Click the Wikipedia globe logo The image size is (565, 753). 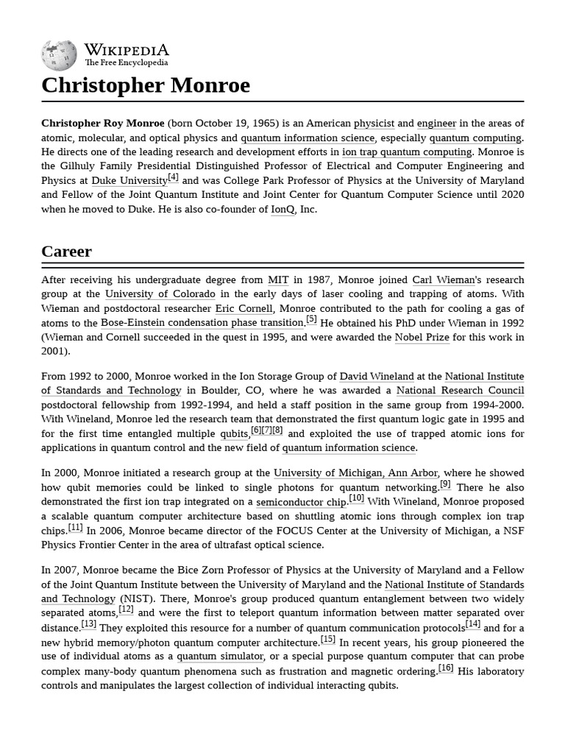pos(59,54)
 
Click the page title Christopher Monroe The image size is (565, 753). pos(146,85)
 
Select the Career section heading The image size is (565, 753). pos(67,251)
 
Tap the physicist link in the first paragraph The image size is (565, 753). pos(374,124)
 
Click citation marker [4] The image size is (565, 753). pos(173,177)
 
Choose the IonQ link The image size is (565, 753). pos(282,210)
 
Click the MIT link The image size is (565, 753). pos(278,280)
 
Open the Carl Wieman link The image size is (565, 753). pos(443,280)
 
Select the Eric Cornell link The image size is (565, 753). pos(244,309)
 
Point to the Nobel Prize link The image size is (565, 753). pos(422,338)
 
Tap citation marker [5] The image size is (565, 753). pos(311,320)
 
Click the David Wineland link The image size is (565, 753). pos(376,376)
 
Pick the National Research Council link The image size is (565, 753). pos(460,390)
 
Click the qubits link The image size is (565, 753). pos(234,434)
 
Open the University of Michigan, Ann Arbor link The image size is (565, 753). pos(355,473)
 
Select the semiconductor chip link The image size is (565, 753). pos(301,502)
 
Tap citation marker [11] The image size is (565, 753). pos(75,527)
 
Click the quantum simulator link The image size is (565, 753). pos(219,657)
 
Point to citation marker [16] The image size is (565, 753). pos(446,668)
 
